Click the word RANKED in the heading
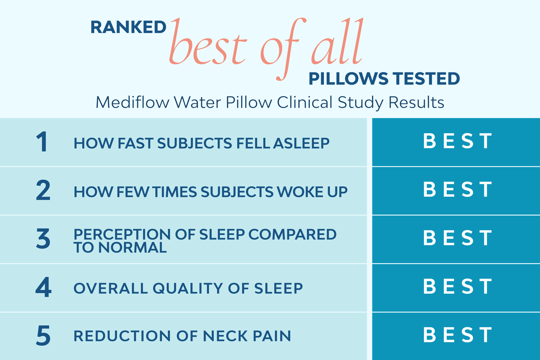pyautogui.click(x=128, y=28)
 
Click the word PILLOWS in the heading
pyautogui.click(x=348, y=79)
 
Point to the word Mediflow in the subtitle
pyautogui.click(x=132, y=103)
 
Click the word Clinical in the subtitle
pyautogui.click(x=305, y=103)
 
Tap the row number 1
pyautogui.click(x=42, y=142)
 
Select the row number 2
pyautogui.click(x=43, y=191)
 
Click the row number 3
pyautogui.click(x=43, y=239)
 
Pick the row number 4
pyautogui.click(x=43, y=288)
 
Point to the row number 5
pyautogui.click(x=43, y=336)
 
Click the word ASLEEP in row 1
pyautogui.click(x=301, y=143)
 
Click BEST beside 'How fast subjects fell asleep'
pyautogui.click(x=457, y=141)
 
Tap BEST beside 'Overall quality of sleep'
pyautogui.click(x=457, y=287)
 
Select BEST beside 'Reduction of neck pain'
pyautogui.click(x=457, y=335)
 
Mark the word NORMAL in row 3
pyautogui.click(x=132, y=248)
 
